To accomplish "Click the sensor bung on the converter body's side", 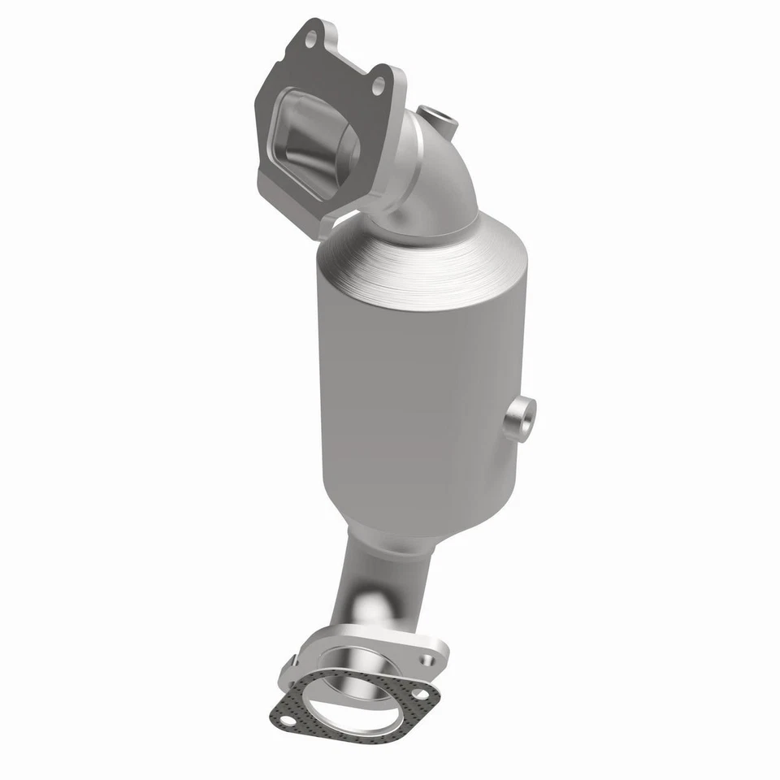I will (518, 419).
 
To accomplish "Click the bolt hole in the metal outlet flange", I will (428, 656).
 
